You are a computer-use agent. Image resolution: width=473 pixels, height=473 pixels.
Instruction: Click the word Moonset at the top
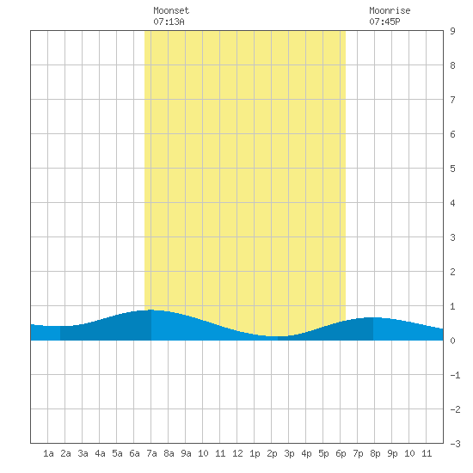(171, 10)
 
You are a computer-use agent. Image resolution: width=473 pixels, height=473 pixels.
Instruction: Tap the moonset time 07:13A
(169, 21)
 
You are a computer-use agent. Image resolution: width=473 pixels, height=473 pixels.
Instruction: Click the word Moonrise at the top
(390, 10)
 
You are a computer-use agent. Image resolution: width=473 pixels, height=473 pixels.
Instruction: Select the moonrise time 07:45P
(384, 21)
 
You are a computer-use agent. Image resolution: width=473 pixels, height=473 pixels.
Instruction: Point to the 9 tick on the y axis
(452, 31)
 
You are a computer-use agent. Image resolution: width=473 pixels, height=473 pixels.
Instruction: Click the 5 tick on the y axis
(452, 169)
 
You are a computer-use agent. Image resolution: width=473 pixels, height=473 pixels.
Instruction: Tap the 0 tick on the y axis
(452, 341)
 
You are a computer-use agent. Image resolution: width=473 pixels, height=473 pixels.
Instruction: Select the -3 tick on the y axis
(455, 444)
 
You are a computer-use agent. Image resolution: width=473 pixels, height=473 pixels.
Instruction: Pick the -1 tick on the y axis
(455, 375)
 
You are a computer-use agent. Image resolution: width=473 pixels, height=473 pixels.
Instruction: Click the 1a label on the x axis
(48, 453)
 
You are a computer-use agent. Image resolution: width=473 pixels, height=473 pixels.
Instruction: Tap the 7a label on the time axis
(151, 453)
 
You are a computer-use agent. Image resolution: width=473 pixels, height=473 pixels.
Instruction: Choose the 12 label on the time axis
(237, 453)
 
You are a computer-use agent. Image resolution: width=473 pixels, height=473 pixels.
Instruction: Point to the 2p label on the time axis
(272, 453)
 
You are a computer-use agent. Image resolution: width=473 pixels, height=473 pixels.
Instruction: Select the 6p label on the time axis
(341, 453)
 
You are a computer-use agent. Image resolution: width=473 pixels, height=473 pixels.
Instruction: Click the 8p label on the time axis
(375, 453)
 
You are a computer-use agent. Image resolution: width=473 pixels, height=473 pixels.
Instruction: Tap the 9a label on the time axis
(186, 453)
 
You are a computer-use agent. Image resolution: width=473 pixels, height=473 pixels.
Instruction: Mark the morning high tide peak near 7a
(150, 310)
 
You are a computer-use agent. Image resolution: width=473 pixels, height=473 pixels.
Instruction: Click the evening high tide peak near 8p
(373, 317)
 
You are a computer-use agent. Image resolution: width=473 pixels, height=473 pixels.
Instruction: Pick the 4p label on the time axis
(306, 453)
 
